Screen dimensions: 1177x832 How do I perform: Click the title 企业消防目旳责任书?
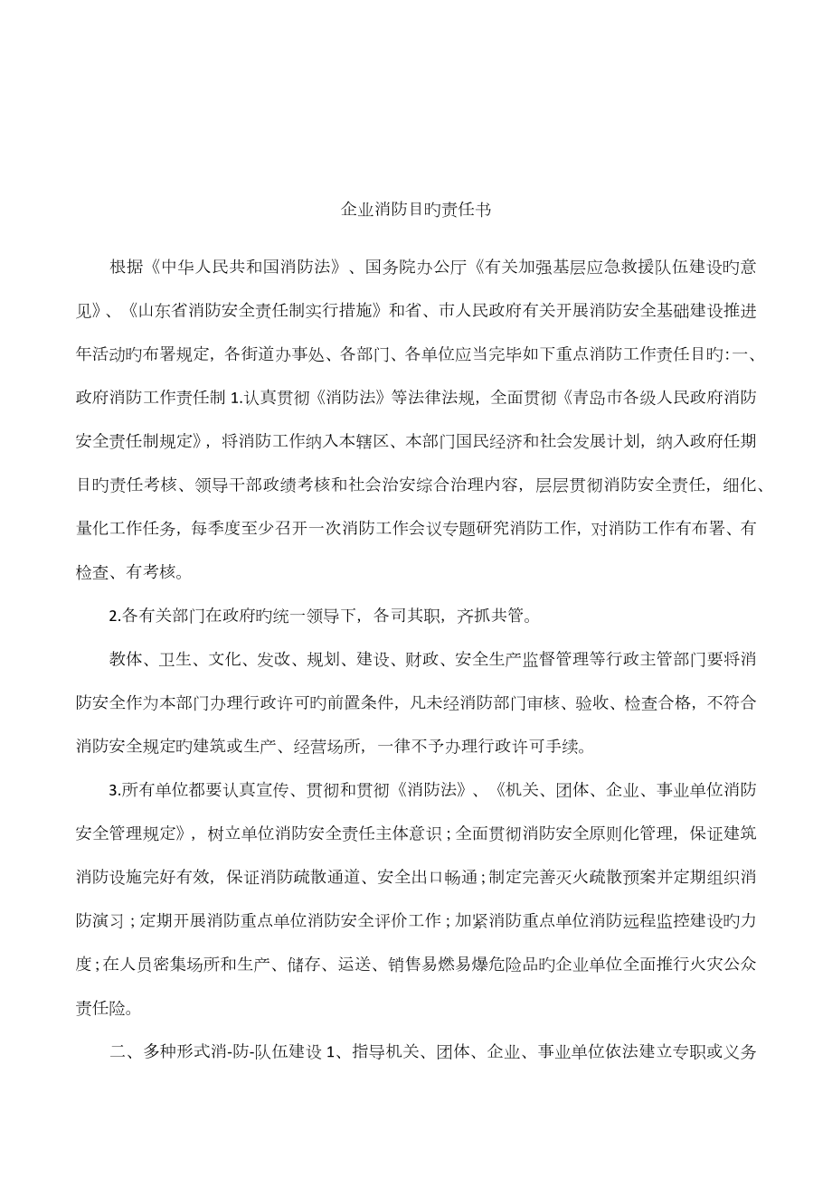pos(415,210)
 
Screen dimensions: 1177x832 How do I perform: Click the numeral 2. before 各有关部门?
pos(114,617)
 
